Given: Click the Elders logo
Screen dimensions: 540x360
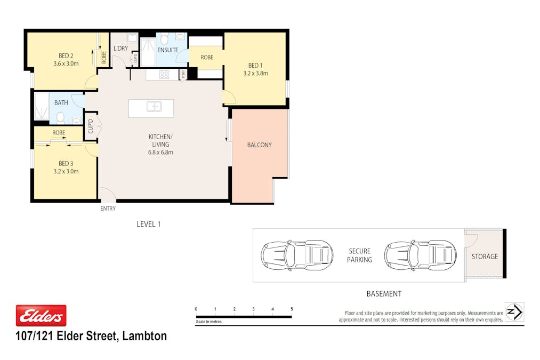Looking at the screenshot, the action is [x=41, y=315].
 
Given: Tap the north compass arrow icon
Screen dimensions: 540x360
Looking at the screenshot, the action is [x=514, y=312].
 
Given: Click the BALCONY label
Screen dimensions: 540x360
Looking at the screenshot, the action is [x=259, y=145].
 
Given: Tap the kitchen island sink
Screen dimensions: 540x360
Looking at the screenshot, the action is [x=154, y=107].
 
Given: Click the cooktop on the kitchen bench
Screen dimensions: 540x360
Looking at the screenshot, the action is [x=164, y=75].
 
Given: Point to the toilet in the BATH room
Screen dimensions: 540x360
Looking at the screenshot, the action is [x=61, y=118].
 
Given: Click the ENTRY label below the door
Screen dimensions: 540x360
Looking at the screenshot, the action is [x=108, y=209].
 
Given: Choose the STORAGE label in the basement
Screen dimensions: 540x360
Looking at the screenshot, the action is [x=485, y=257].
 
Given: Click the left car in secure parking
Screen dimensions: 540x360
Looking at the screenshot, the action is [x=297, y=255].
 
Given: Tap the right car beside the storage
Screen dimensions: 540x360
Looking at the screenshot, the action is [x=421, y=255].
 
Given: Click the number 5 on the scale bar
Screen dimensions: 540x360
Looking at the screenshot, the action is [x=292, y=309].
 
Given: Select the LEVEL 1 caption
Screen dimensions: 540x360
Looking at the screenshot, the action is [x=148, y=225].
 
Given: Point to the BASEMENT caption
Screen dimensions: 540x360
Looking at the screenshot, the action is [x=384, y=294].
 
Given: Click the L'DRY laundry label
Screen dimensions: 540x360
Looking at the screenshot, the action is [x=120, y=49].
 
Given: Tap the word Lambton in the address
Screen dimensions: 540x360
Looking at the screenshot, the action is [x=144, y=336].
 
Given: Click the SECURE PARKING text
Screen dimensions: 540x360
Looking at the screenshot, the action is [x=359, y=255].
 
